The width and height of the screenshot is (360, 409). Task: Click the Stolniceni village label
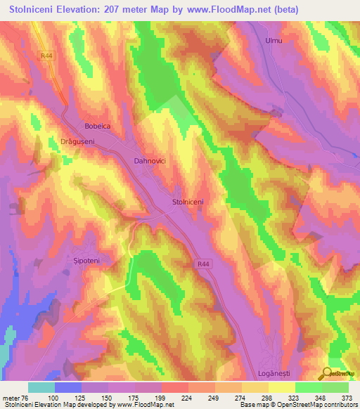[x=188, y=202]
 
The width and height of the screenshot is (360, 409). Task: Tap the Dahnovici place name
[x=150, y=161]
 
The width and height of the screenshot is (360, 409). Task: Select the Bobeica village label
[x=98, y=126]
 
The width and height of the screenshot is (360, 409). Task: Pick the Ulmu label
[x=274, y=41]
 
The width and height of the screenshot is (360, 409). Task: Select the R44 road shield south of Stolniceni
[x=202, y=262]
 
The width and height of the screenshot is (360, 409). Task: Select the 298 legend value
[x=254, y=397]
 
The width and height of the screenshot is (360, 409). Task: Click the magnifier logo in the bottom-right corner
[x=328, y=373]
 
